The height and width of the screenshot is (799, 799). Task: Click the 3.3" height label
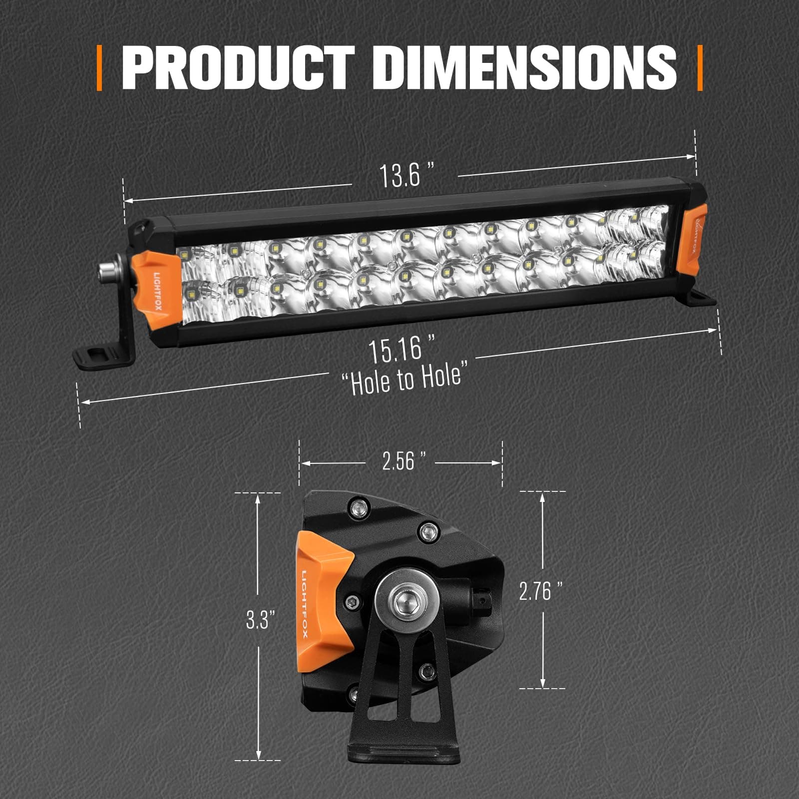tap(261, 621)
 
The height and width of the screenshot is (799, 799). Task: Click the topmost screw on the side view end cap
tap(358, 508)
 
